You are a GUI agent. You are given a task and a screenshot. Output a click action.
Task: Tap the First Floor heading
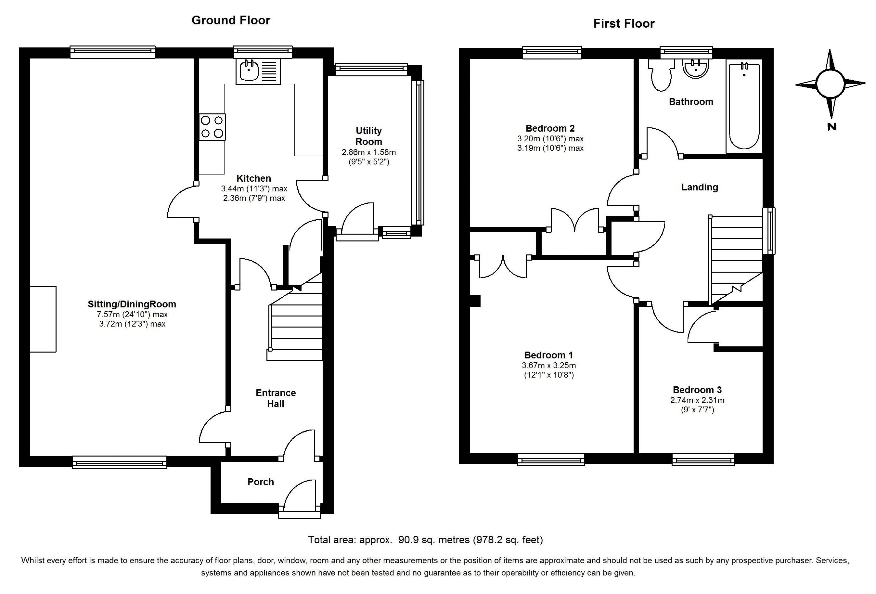624,23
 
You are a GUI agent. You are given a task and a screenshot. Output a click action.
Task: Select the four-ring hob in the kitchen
212,127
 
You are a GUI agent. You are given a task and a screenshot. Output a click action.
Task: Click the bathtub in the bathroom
744,107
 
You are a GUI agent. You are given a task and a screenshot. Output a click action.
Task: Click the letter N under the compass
832,127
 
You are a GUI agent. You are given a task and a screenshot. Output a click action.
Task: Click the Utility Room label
369,136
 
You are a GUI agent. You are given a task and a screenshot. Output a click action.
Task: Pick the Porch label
261,482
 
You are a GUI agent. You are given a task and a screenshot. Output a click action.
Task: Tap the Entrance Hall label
276,398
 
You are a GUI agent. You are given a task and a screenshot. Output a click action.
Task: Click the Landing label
700,187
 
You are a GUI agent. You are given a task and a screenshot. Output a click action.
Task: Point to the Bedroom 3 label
697,390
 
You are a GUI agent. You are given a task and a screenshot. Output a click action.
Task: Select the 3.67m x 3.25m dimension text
549,365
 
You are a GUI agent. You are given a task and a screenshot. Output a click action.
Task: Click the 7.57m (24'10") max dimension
132,314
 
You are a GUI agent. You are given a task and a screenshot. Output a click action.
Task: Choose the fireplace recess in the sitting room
43,319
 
